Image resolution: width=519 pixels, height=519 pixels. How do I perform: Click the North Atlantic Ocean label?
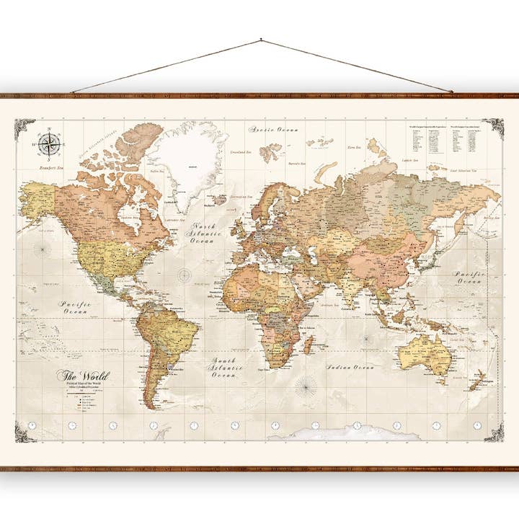point(203,234)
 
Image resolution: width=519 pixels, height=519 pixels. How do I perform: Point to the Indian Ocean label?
point(350,367)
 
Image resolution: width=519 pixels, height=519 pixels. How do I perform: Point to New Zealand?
point(476,378)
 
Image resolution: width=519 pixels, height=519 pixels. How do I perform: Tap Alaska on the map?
point(37,200)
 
